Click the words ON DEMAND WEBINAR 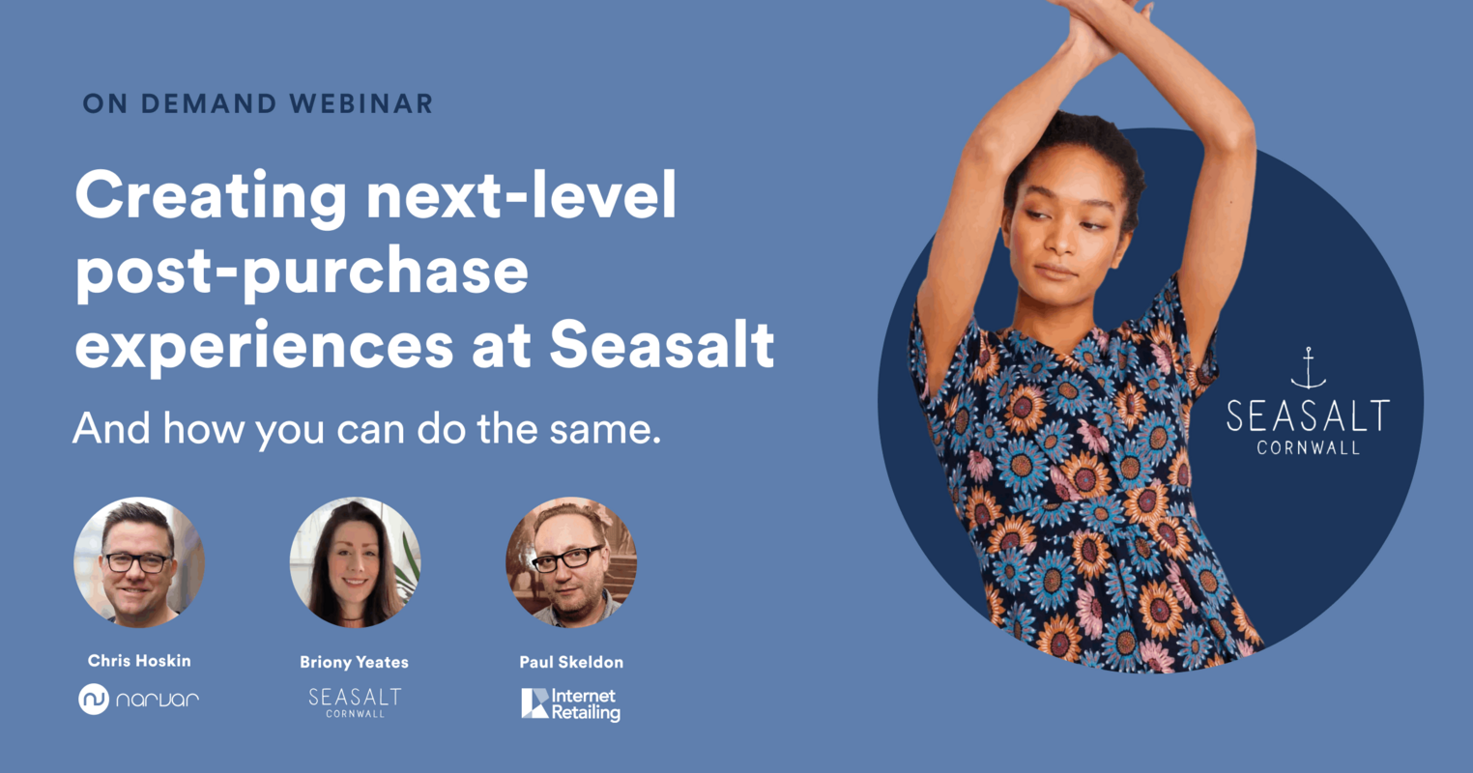tap(258, 104)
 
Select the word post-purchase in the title tap(302, 272)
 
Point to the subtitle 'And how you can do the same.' tap(367, 428)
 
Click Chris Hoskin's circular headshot tap(139, 562)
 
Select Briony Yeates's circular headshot tap(355, 562)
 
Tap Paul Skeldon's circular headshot tap(571, 562)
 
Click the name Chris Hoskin tap(139, 661)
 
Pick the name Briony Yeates tap(354, 662)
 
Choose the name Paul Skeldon tap(571, 662)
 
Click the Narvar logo tap(139, 699)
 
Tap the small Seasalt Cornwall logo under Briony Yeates tap(355, 701)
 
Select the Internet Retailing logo tap(571, 703)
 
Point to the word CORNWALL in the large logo tap(1308, 447)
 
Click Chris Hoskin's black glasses tap(137, 561)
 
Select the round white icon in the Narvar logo tap(94, 699)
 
